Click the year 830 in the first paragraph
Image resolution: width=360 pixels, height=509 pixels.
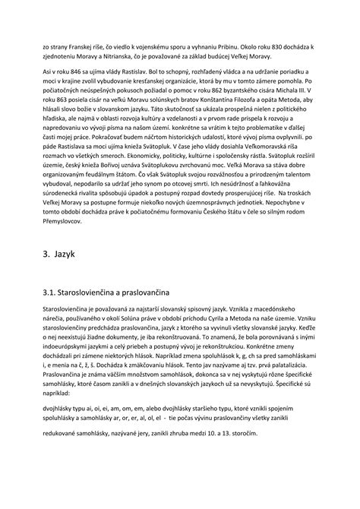click(250, 47)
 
